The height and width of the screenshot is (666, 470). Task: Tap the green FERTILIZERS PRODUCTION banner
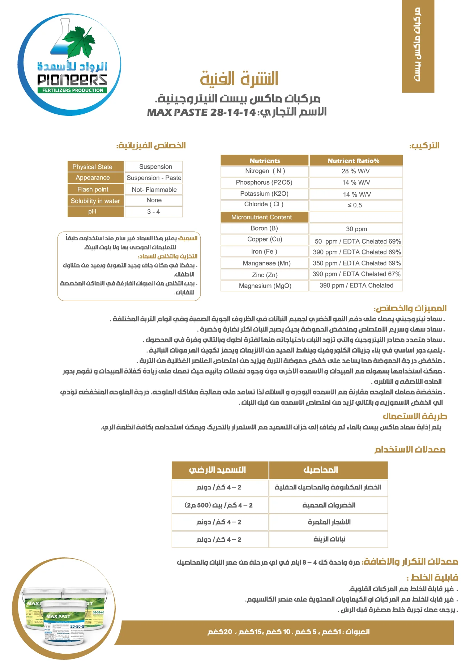72,90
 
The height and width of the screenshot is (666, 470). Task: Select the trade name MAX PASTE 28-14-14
201,112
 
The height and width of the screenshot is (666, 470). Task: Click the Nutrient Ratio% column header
356,161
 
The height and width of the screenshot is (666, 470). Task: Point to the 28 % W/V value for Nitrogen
356,171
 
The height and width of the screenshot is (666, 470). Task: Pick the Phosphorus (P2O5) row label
264,182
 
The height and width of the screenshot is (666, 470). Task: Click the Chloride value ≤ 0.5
356,205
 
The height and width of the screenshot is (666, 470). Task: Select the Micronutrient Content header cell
264,217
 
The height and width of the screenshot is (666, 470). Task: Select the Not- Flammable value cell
154,190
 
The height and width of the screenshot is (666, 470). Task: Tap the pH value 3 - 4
154,212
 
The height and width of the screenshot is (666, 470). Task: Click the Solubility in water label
95,201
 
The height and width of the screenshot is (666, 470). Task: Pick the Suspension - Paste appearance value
154,178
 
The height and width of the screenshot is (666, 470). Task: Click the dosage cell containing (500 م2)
219,505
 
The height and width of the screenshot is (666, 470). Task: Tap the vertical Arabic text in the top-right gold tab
418,45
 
